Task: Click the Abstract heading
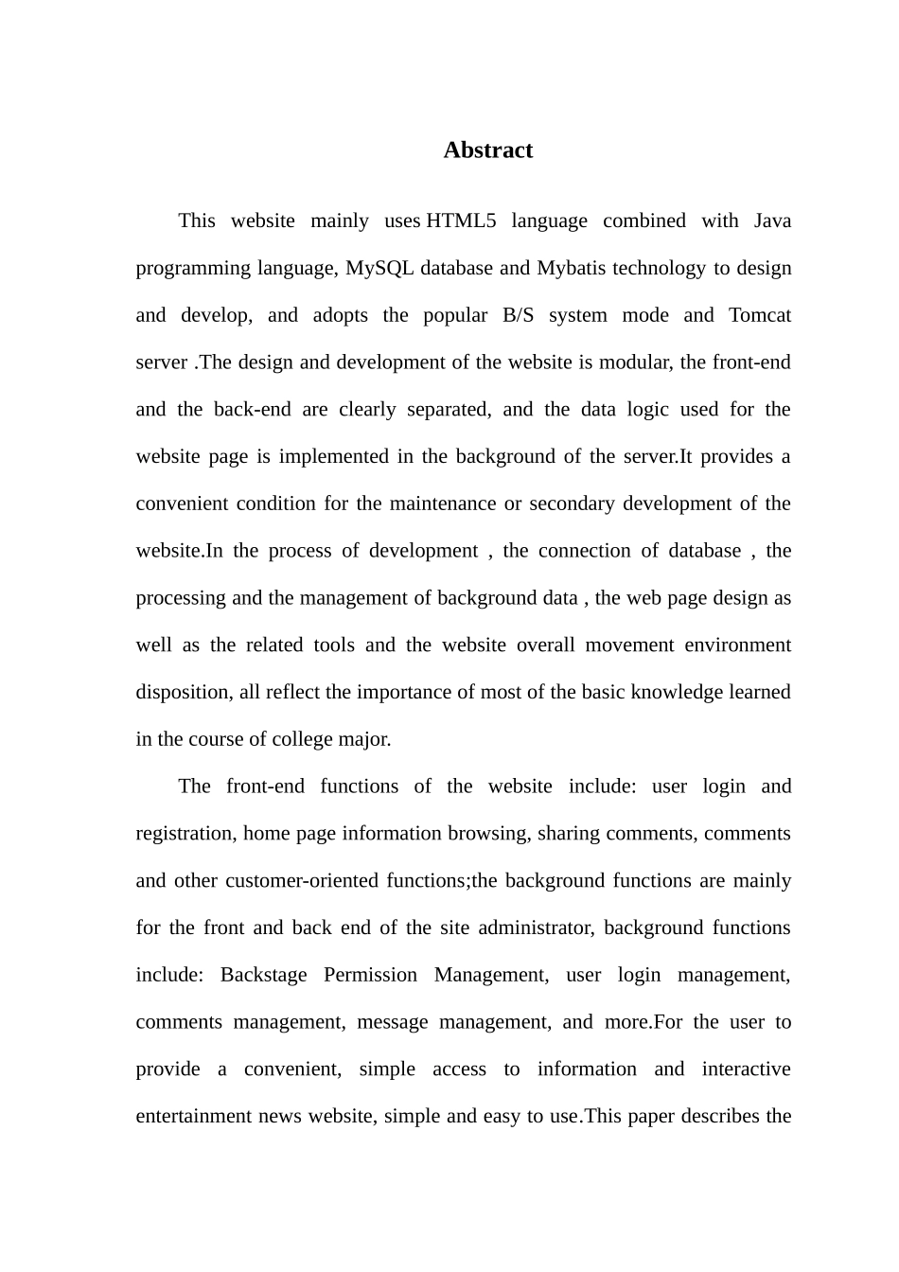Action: pyautogui.click(x=487, y=150)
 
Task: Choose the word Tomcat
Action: pyautogui.click(x=760, y=315)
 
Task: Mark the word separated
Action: pyautogui.click(x=449, y=410)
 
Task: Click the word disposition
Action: pyautogui.click(x=183, y=693)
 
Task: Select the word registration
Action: pyautogui.click(x=185, y=834)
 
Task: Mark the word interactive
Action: pyautogui.click(x=746, y=1069)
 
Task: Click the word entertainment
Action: pyautogui.click(x=194, y=1117)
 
